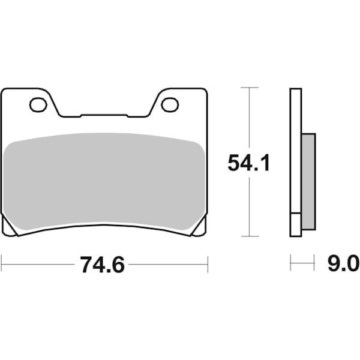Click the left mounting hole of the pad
38,106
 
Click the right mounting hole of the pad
170,105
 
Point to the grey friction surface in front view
105,180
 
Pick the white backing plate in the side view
294,162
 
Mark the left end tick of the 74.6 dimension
2,264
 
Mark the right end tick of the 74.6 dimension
207,264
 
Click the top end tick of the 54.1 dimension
249,88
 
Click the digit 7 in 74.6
87,265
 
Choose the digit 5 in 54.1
235,163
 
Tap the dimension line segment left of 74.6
39,264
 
